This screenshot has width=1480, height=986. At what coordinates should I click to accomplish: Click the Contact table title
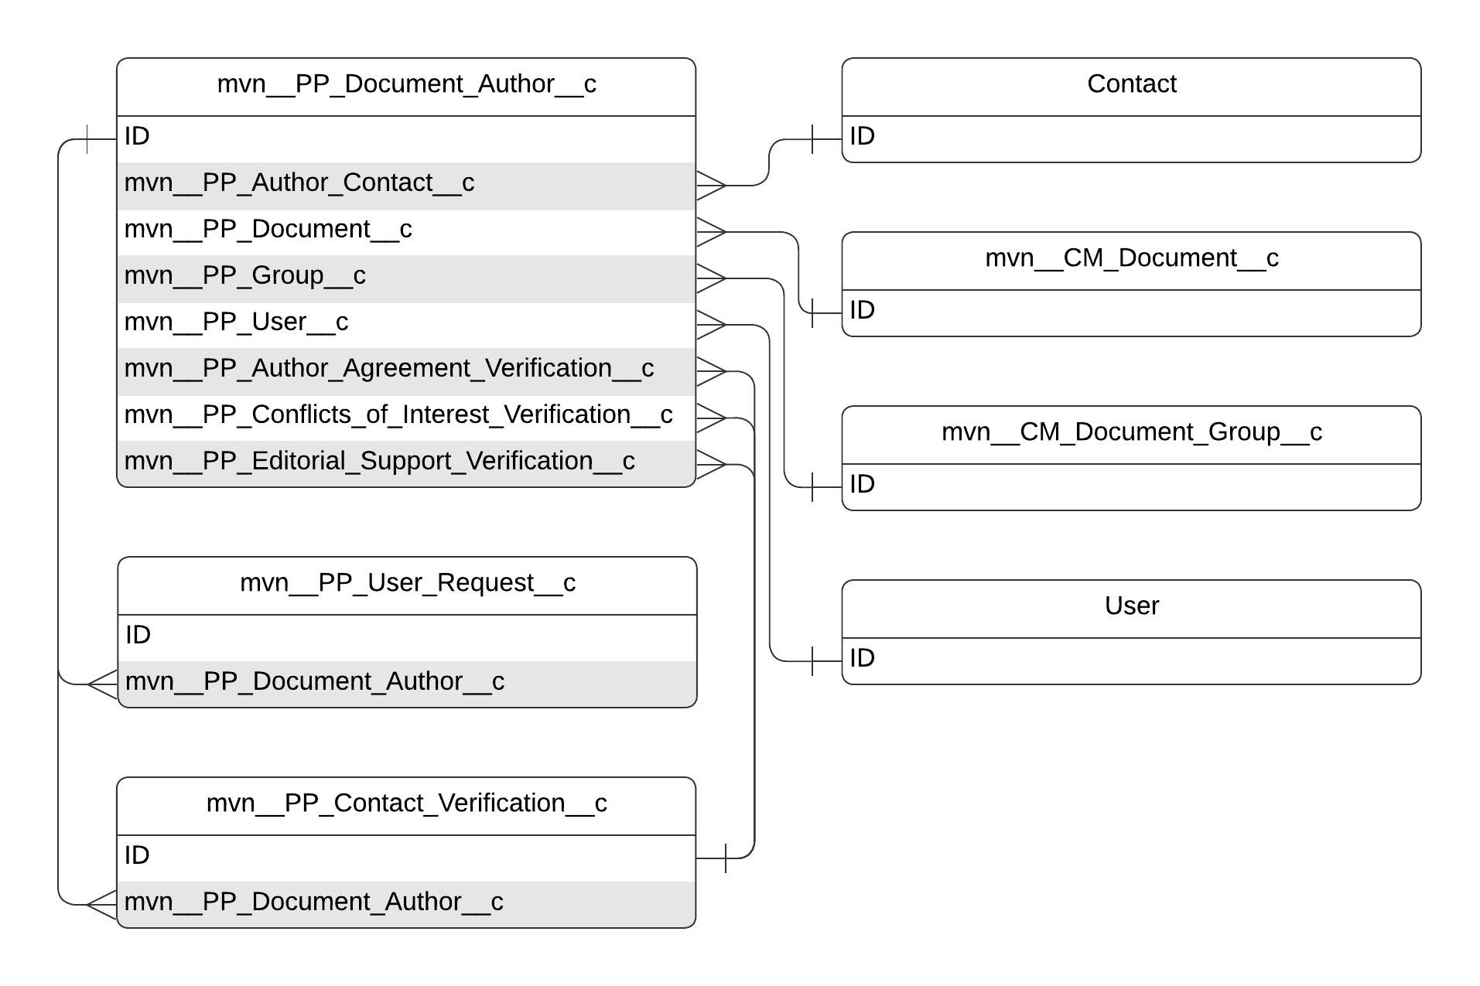coord(1130,84)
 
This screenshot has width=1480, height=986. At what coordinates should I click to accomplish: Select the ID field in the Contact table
coord(1130,137)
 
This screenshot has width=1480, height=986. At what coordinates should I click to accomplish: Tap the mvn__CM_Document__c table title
coord(1130,258)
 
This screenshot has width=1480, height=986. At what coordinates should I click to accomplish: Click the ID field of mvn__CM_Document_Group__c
coord(1130,485)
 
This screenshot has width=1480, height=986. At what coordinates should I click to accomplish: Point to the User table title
coord(1130,606)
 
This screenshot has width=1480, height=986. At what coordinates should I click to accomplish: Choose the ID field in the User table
coord(1130,659)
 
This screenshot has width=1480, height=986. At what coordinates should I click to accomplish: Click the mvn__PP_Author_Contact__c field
coord(299,183)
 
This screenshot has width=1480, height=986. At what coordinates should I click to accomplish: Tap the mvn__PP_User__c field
coord(236,322)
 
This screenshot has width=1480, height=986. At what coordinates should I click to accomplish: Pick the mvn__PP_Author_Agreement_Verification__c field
coord(388,369)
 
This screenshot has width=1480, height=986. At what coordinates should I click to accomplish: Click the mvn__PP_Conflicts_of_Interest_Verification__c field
coord(398,415)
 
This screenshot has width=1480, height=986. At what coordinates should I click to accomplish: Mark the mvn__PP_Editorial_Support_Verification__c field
coord(379,462)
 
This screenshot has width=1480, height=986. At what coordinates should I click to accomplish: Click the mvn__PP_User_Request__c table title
coord(407,583)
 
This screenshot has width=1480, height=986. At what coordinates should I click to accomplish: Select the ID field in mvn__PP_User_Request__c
coord(407,636)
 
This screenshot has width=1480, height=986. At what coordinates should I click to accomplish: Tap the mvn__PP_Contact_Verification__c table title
coord(406,803)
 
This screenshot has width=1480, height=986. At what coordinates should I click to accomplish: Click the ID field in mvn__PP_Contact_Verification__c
coord(406,856)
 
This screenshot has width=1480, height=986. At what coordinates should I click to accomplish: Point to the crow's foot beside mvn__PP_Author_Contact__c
coord(711,186)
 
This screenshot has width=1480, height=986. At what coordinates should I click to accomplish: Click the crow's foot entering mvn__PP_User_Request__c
coord(102,684)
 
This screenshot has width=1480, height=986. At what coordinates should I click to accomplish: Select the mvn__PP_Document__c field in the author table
coord(268,230)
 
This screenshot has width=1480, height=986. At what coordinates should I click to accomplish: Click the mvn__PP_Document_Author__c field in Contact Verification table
coord(313,902)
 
